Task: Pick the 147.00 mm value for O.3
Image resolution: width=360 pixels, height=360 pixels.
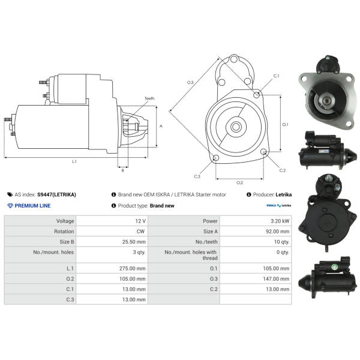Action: point(277,278)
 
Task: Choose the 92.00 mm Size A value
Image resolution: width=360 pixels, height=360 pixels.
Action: point(277,231)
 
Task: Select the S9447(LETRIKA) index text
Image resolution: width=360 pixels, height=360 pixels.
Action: point(56,194)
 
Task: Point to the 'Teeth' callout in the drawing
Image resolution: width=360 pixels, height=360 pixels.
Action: point(149,98)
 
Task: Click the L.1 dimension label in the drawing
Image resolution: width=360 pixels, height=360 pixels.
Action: point(74,161)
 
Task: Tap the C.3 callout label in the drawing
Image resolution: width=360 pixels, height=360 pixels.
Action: point(197,176)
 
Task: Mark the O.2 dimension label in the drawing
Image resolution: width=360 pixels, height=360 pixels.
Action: point(239,182)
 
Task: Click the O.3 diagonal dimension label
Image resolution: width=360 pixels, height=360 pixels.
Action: point(190,82)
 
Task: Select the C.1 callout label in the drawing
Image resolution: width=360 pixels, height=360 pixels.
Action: point(276,76)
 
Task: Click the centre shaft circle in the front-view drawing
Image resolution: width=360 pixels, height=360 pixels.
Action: point(236,127)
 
